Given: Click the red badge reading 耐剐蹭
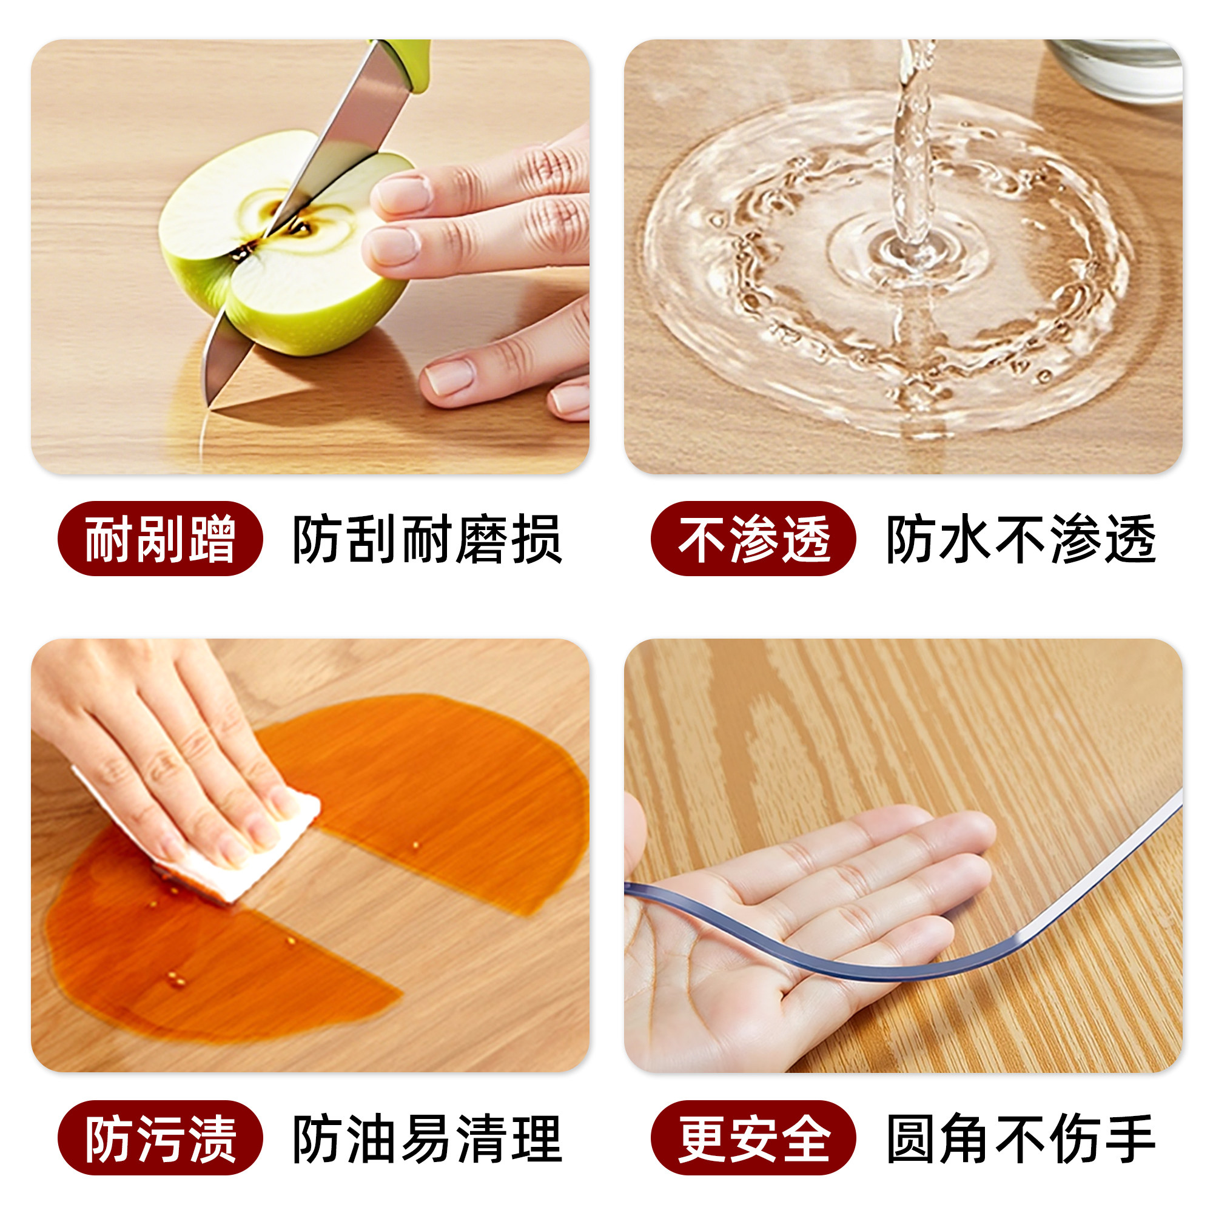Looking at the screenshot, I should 160,539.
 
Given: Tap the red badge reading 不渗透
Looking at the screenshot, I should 753,539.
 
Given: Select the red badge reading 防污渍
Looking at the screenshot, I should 160,1138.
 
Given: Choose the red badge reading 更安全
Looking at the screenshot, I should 753,1138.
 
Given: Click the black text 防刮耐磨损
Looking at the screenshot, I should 427,539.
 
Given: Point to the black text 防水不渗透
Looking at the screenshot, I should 1020,539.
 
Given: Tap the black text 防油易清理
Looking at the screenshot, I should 427,1138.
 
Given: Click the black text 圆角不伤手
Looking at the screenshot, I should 1020,1138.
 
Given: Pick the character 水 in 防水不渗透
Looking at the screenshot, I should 966,539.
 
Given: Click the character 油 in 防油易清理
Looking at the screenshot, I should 373,1138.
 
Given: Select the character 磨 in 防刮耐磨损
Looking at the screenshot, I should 482,539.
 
